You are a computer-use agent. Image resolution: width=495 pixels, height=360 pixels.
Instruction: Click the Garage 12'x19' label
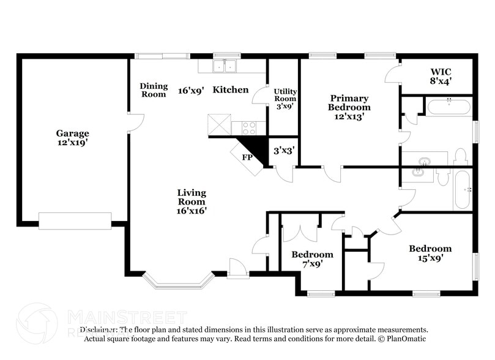point(73,138)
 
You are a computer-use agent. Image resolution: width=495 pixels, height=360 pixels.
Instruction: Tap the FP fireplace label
point(247,157)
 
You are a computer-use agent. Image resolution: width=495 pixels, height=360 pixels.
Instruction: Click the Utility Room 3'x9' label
point(285,99)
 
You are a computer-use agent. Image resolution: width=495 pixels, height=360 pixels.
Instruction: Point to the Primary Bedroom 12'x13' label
point(349,107)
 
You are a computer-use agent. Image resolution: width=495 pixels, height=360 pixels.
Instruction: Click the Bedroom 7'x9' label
point(312,259)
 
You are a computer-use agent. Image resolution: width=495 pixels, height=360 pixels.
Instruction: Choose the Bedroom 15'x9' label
point(430,253)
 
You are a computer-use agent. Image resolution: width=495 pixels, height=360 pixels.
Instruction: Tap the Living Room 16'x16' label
point(191,201)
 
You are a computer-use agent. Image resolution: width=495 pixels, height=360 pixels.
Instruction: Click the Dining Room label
point(153,90)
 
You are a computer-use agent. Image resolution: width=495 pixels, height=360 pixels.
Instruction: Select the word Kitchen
point(231,90)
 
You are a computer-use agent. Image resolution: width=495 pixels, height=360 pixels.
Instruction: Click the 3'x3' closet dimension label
point(285,150)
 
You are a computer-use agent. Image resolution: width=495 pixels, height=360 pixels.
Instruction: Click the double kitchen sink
point(225,66)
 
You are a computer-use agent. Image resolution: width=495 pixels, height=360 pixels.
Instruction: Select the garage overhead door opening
point(75,220)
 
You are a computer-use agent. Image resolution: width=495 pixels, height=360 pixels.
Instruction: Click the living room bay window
point(177,280)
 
